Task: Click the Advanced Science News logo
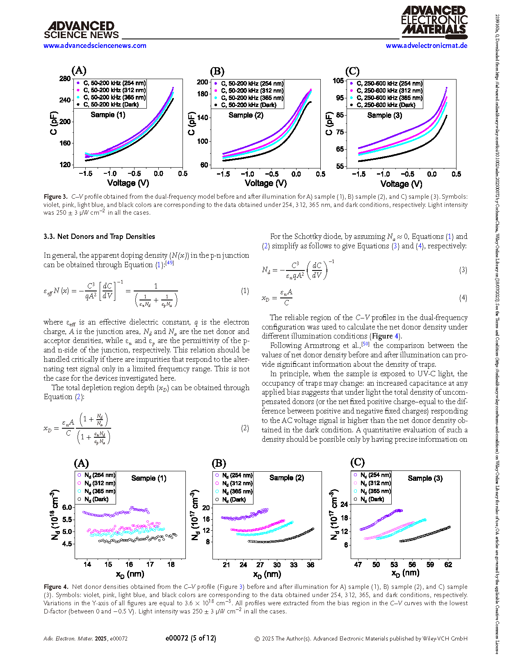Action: point(81,30)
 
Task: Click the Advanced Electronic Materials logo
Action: point(434,22)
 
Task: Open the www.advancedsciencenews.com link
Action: point(95,45)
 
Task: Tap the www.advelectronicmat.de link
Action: point(427,45)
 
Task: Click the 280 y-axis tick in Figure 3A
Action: point(65,79)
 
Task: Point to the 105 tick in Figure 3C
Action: point(338,81)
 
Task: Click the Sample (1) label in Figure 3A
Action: point(108,115)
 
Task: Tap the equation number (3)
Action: point(463,270)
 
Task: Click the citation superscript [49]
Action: point(169,263)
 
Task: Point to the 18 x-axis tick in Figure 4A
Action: point(171,565)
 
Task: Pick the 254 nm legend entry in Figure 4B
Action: point(234,475)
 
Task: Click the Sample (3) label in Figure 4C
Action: point(425,478)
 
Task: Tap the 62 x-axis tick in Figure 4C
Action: point(448,565)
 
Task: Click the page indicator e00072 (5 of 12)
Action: point(191,638)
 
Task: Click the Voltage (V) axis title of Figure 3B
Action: point(266,183)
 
